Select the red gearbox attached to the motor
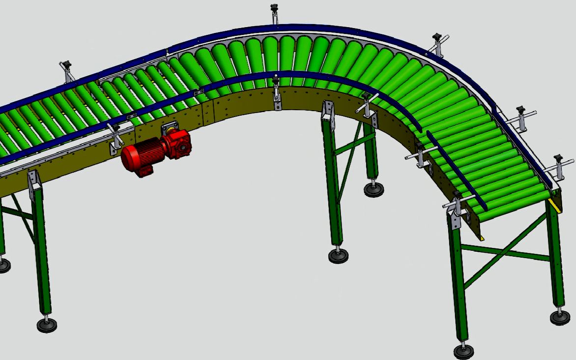pyautogui.click(x=178, y=143)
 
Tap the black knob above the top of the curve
pyautogui.click(x=274, y=7)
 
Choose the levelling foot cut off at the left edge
pyautogui.click(x=3, y=266)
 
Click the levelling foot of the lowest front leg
pyautogui.click(x=463, y=351)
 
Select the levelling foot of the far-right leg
pyautogui.click(x=560, y=317)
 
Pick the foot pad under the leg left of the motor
pyautogui.click(x=47, y=325)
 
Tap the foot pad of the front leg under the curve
pyautogui.click(x=339, y=255)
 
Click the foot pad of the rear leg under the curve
pyautogui.click(x=374, y=189)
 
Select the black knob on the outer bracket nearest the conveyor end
pyautogui.click(x=558, y=158)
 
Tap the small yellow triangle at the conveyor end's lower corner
pyautogui.click(x=482, y=238)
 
